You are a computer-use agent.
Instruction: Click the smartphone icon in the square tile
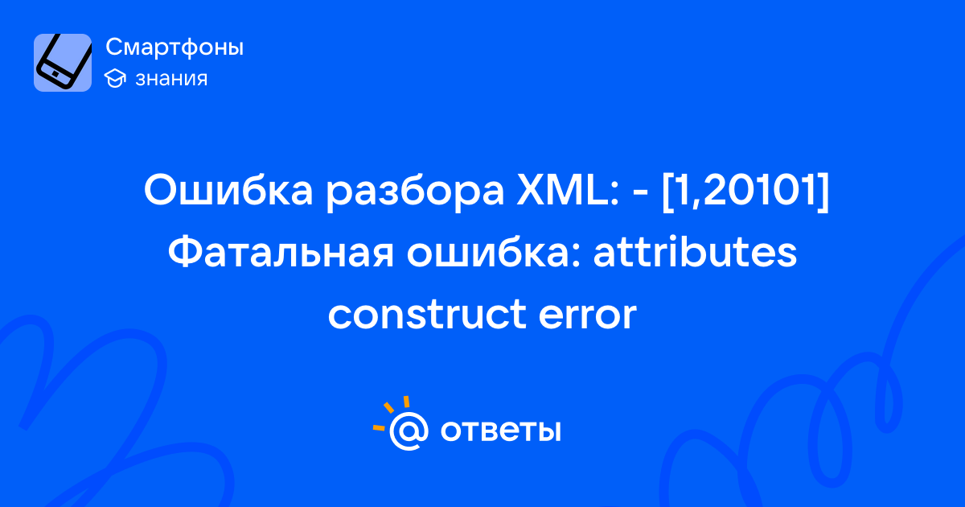64,62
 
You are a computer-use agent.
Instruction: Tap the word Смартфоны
175,47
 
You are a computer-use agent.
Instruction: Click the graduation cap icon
115,78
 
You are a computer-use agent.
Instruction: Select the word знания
171,79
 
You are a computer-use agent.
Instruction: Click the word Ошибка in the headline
228,190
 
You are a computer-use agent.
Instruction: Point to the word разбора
414,192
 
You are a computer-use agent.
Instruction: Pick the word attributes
695,252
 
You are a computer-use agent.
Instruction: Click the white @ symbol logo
409,431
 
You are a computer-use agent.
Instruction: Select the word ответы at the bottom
500,431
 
